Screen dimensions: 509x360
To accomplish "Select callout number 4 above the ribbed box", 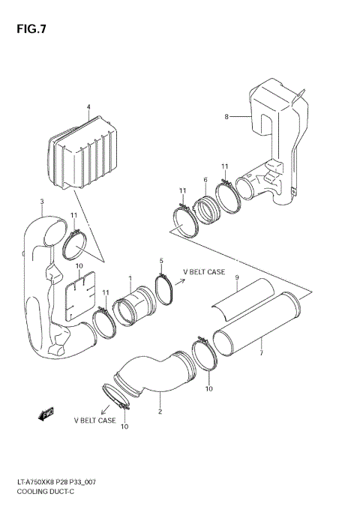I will click(88, 107).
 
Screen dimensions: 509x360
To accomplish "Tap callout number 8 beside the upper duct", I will click(226, 116).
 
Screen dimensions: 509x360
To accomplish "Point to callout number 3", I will click(41, 201).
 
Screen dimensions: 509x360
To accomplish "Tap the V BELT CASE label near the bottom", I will click(94, 421).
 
